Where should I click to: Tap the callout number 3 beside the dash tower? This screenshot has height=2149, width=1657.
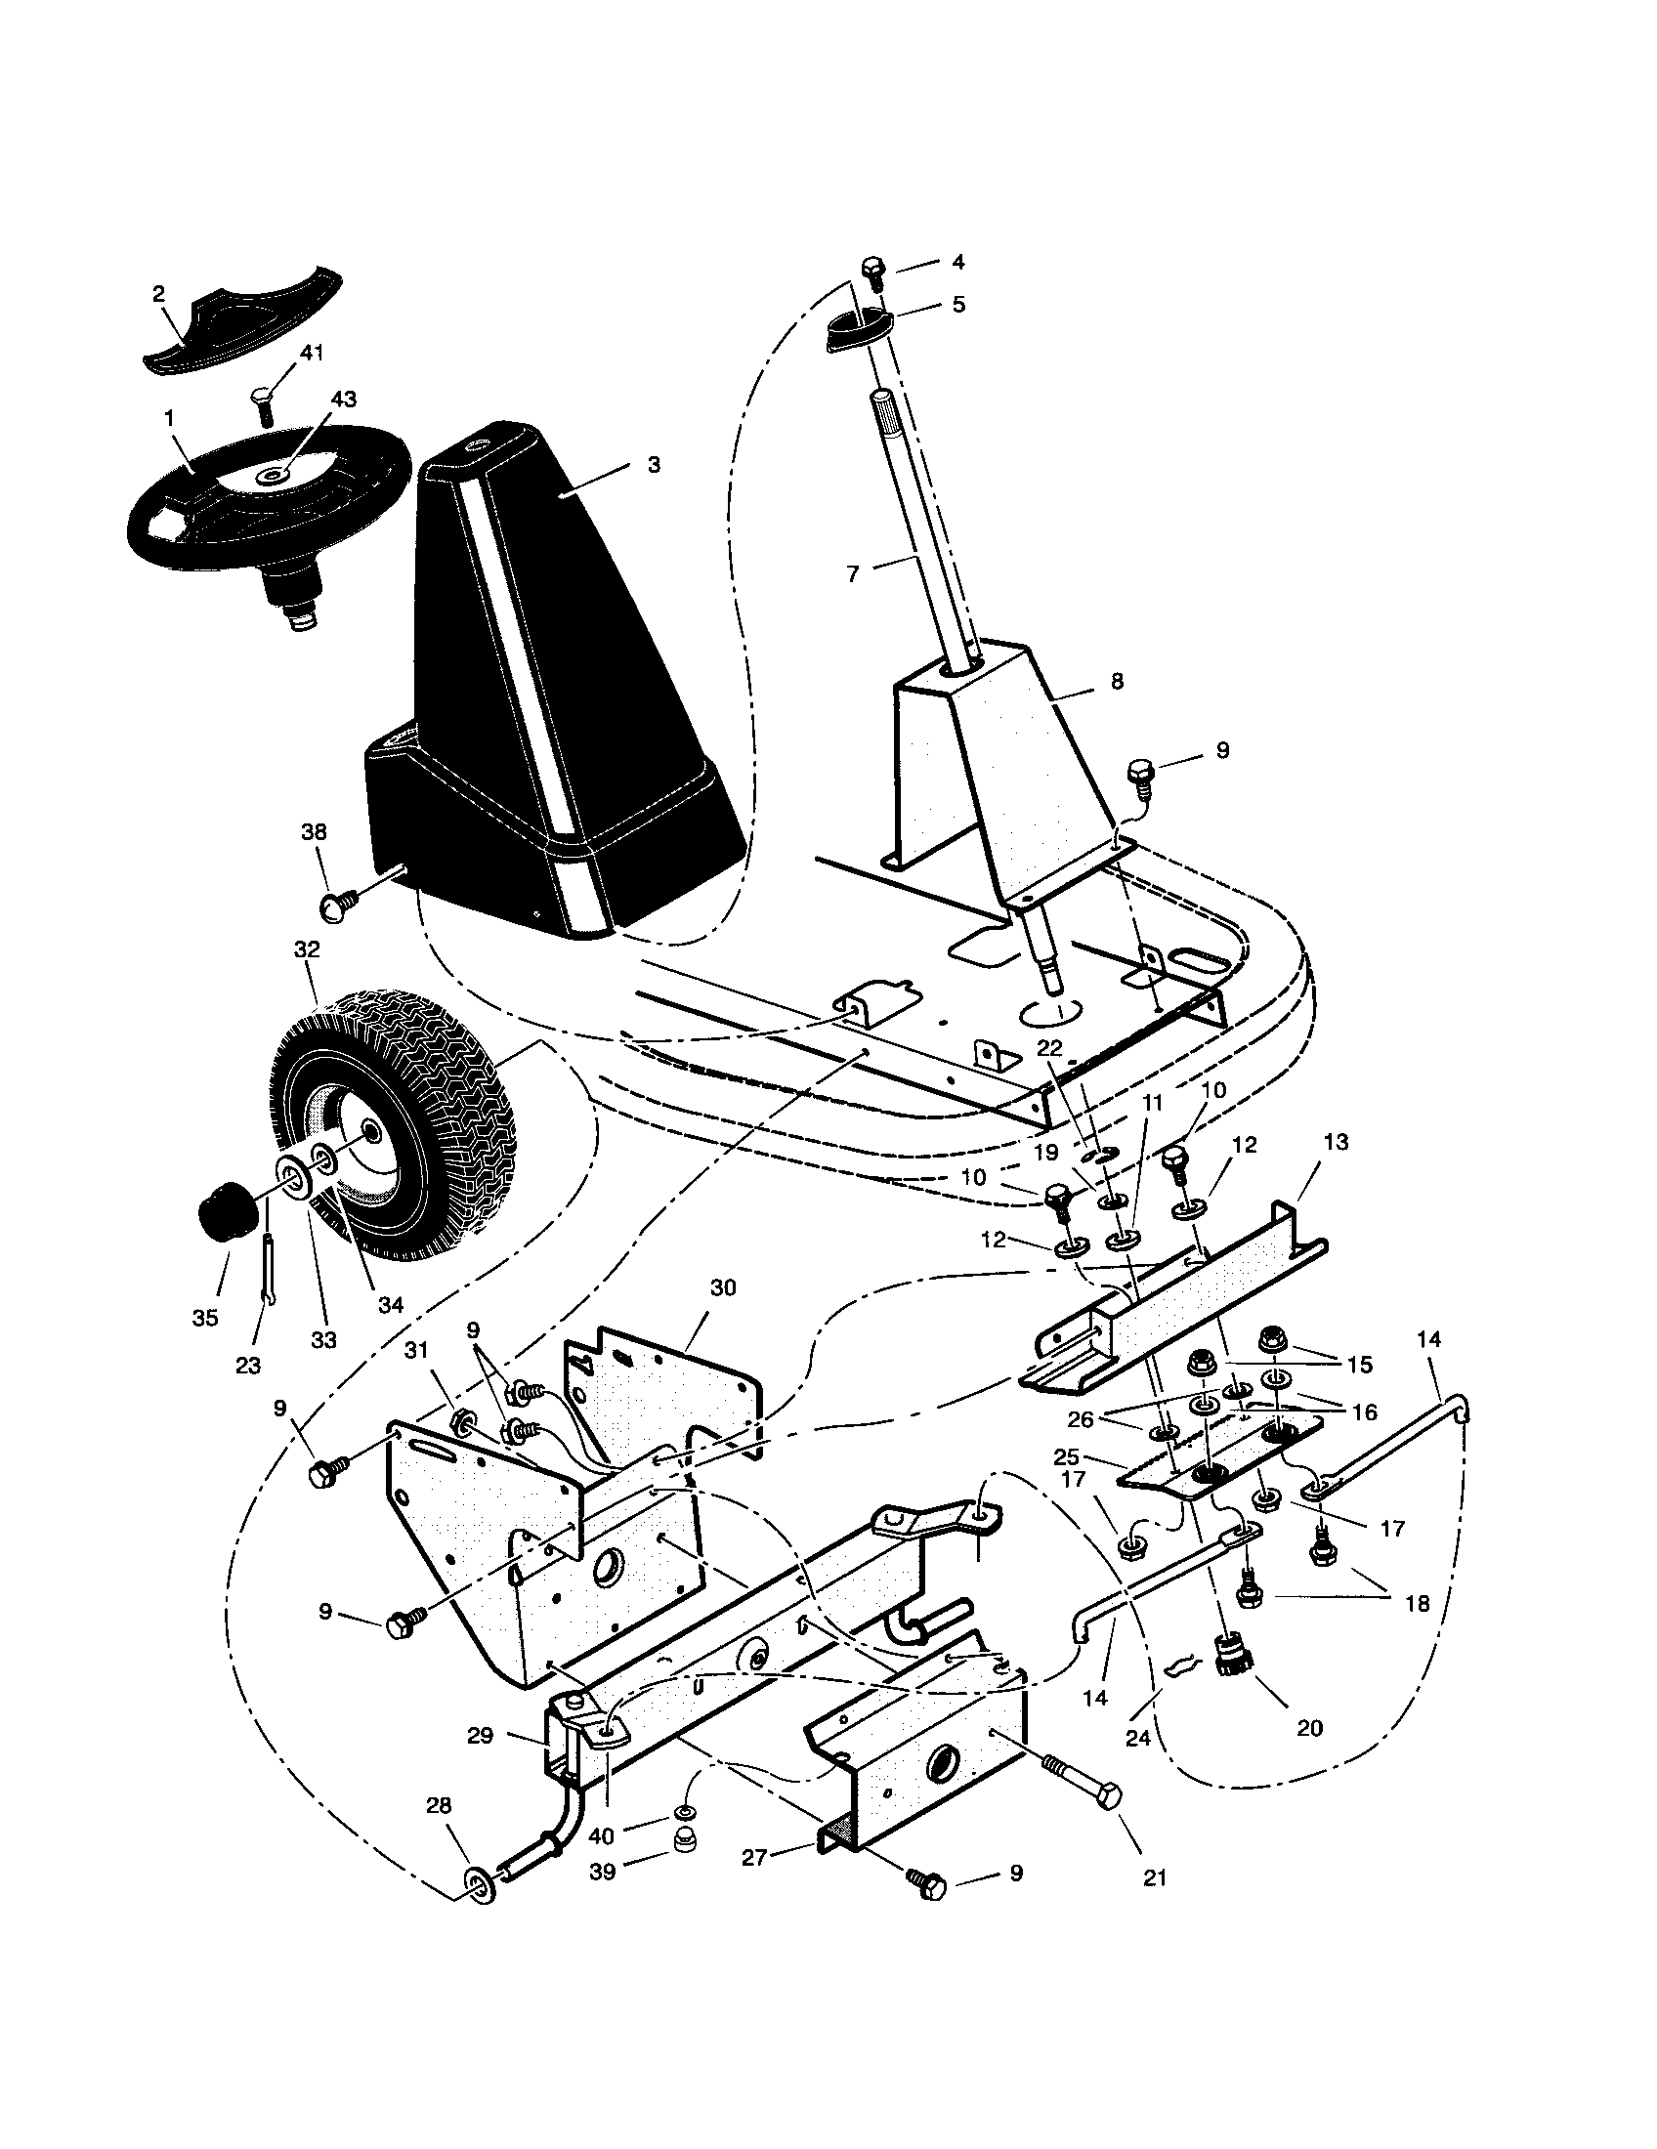click(655, 463)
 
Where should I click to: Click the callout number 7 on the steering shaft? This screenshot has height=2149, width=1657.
click(853, 573)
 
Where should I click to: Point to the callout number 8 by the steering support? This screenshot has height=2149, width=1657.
click(1117, 680)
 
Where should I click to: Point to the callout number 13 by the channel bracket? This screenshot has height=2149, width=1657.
click(1337, 1144)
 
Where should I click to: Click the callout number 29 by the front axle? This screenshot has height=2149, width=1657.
click(480, 1737)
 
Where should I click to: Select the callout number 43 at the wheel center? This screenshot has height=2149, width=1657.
click(344, 400)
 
